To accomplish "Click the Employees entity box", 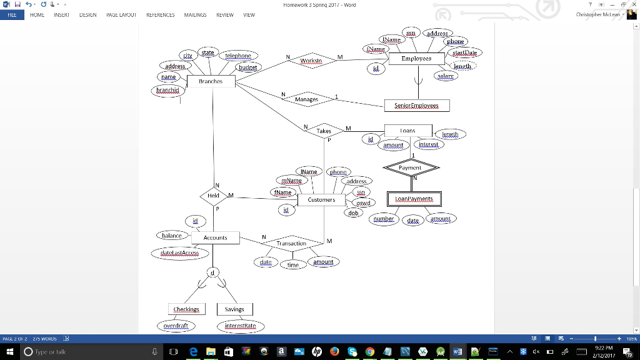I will [x=416, y=58].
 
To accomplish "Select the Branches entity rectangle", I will [x=211, y=81].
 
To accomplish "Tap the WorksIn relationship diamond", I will [x=311, y=61].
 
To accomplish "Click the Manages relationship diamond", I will [x=306, y=99].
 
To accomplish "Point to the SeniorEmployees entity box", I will [x=416, y=106].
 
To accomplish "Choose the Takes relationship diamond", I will [x=324, y=131].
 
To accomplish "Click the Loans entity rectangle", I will [x=407, y=131].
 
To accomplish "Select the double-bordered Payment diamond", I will [x=411, y=167].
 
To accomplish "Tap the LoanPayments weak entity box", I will [x=414, y=199].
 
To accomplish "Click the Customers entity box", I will [x=321, y=200].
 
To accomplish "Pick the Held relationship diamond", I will [x=214, y=196].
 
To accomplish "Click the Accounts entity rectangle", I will [x=216, y=238].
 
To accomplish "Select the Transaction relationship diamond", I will [x=291, y=243].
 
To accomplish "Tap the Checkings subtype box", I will [x=186, y=309].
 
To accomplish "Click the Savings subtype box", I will [x=234, y=309].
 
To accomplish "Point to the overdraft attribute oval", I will [x=176, y=326].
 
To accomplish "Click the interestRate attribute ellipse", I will [x=241, y=326].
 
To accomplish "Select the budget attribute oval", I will [x=247, y=67].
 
